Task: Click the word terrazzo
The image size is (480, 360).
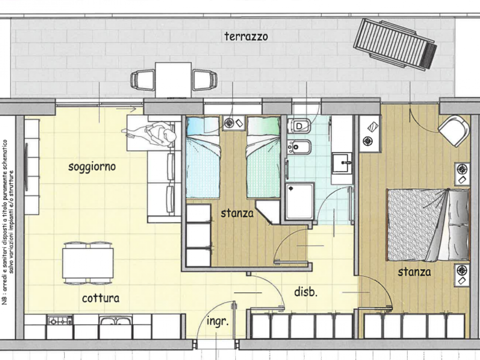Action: pyautogui.click(x=246, y=36)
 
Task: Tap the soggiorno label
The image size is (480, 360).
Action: pyautogui.click(x=92, y=167)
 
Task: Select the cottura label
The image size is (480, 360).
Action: pyautogui.click(x=101, y=298)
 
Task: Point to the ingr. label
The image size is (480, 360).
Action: pyautogui.click(x=217, y=322)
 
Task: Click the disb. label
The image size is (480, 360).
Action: pyautogui.click(x=306, y=292)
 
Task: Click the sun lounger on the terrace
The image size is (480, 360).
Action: pyautogui.click(x=395, y=45)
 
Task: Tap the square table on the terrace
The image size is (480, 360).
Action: pyautogui.click(x=173, y=80)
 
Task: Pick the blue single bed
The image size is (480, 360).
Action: pyautogui.click(x=203, y=157)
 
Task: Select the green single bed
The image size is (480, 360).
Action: pyautogui.click(x=264, y=157)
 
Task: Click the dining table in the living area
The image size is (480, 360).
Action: pyautogui.click(x=88, y=263)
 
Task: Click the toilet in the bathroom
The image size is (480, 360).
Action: pyautogui.click(x=299, y=126)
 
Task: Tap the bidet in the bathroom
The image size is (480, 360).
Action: pyautogui.click(x=299, y=147)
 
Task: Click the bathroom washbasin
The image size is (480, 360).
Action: pyautogui.click(x=342, y=163)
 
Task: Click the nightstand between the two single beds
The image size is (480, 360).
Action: pyautogui.click(x=234, y=123)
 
